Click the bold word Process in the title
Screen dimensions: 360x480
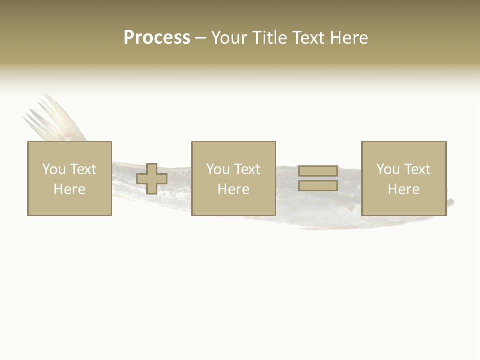pyautogui.click(x=157, y=38)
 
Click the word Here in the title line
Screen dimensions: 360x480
pyautogui.click(x=350, y=38)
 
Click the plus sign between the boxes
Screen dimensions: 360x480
pyautogui.click(x=152, y=179)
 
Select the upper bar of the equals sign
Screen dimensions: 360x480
pyautogui.click(x=318, y=171)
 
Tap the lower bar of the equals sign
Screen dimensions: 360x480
pyautogui.click(x=318, y=186)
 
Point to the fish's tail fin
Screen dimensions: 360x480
pyautogui.click(x=55, y=120)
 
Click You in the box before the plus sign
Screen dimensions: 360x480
pyautogui.click(x=54, y=169)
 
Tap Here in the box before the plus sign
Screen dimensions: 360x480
pyautogui.click(x=69, y=189)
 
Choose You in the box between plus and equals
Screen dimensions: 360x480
pyautogui.click(x=218, y=169)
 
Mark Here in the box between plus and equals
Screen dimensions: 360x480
pyautogui.click(x=233, y=189)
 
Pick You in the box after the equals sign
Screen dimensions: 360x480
pyautogui.click(x=388, y=169)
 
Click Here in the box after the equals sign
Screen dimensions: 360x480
pyautogui.click(x=403, y=189)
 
